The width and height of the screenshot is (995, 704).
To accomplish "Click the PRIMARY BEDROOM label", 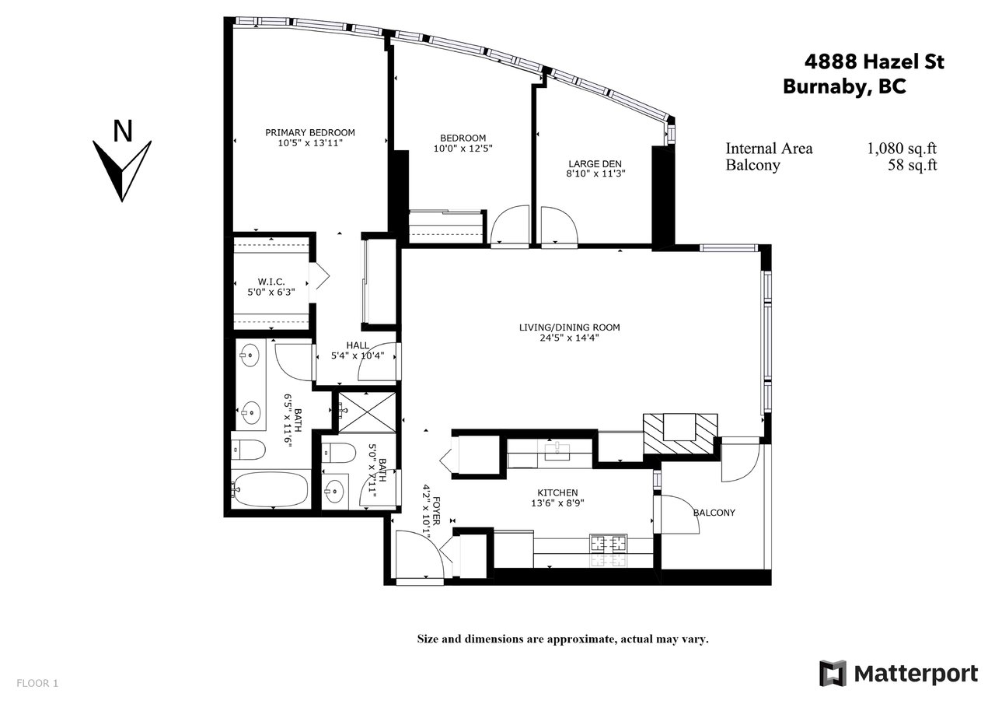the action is [x=310, y=132].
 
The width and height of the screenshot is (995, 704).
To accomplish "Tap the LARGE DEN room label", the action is [x=595, y=164].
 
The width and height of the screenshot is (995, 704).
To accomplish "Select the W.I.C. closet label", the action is [x=271, y=282].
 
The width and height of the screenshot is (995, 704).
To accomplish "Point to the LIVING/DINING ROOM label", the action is [x=570, y=327].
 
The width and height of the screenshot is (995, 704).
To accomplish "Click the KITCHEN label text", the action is [x=557, y=493].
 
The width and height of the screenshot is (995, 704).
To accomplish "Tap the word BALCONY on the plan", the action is [x=714, y=513].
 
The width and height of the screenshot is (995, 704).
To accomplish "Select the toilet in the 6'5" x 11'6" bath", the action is [x=248, y=450].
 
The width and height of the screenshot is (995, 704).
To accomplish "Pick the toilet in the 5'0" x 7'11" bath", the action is [x=340, y=454].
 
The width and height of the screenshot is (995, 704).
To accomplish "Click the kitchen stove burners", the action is [x=608, y=543].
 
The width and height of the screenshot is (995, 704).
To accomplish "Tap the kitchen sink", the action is [x=557, y=450].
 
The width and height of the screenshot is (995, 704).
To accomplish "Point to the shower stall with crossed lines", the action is [x=367, y=412].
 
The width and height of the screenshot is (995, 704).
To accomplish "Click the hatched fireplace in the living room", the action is [x=680, y=434].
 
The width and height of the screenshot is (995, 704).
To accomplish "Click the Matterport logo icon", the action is [x=833, y=674].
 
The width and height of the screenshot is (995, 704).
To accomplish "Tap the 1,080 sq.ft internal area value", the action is [x=902, y=149].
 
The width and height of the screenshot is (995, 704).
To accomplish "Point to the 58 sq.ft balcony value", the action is [x=913, y=165].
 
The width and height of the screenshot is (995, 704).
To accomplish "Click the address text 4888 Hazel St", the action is [x=875, y=61].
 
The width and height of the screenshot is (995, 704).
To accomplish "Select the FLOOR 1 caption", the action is [x=37, y=683].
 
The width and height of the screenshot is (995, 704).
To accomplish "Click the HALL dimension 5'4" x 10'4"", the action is [x=358, y=356].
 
